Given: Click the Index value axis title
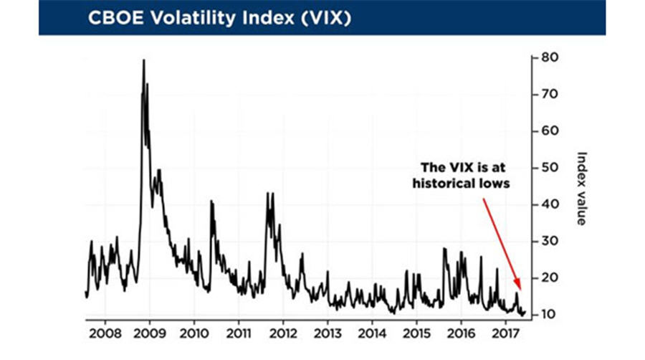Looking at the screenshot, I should pos(582,188).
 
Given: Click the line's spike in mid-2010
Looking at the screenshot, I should pos(211,202).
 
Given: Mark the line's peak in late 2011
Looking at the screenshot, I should pos(268,193).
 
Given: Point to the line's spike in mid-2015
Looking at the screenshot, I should pos(444,249).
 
